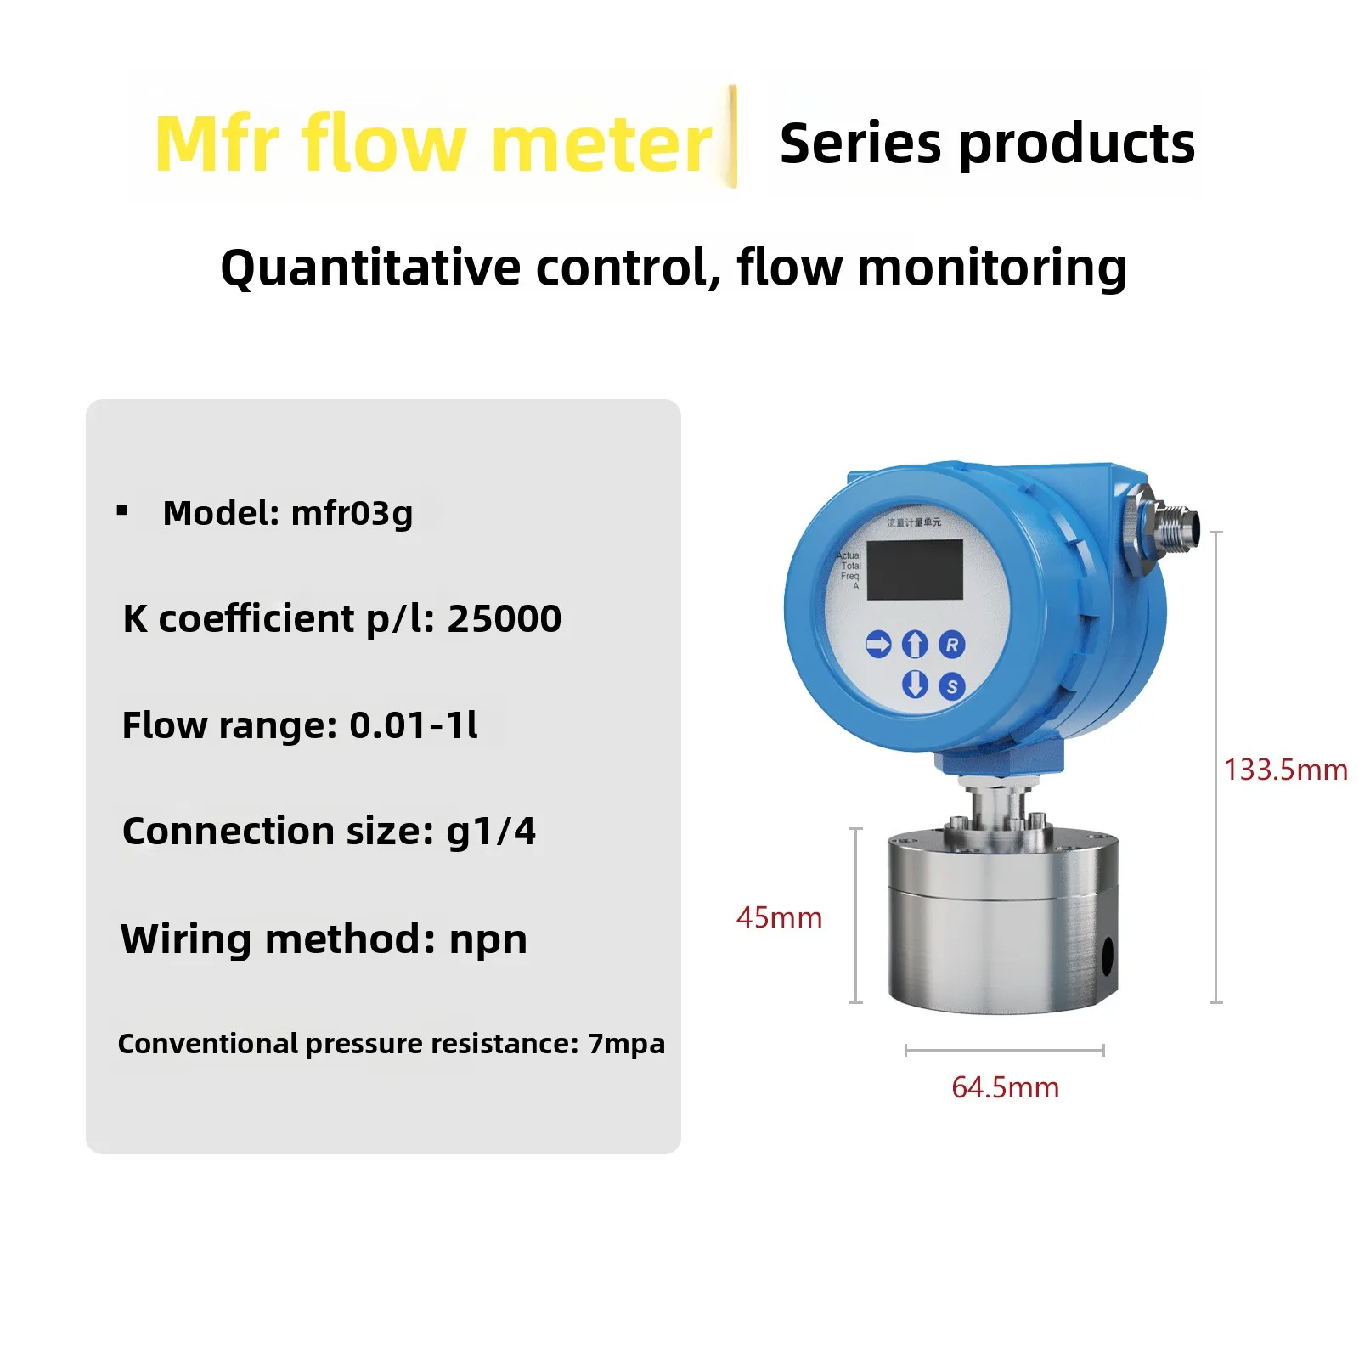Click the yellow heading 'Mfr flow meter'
coord(433,144)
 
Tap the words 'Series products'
coord(987,144)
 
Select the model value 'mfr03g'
coord(352,513)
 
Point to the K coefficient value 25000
coord(505,618)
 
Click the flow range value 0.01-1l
coord(414,725)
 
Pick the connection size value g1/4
coord(491,832)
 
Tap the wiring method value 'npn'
coord(488,939)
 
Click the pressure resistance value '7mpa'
coord(626,1043)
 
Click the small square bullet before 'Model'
coord(122,510)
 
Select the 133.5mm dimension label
coord(1285,770)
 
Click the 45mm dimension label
coord(779,917)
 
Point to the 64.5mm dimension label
coord(1005,1087)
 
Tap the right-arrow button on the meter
coord(878,644)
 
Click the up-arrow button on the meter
coord(914,644)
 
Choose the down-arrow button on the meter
coord(914,684)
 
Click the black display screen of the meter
coord(915,569)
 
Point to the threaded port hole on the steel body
coord(1107,957)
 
